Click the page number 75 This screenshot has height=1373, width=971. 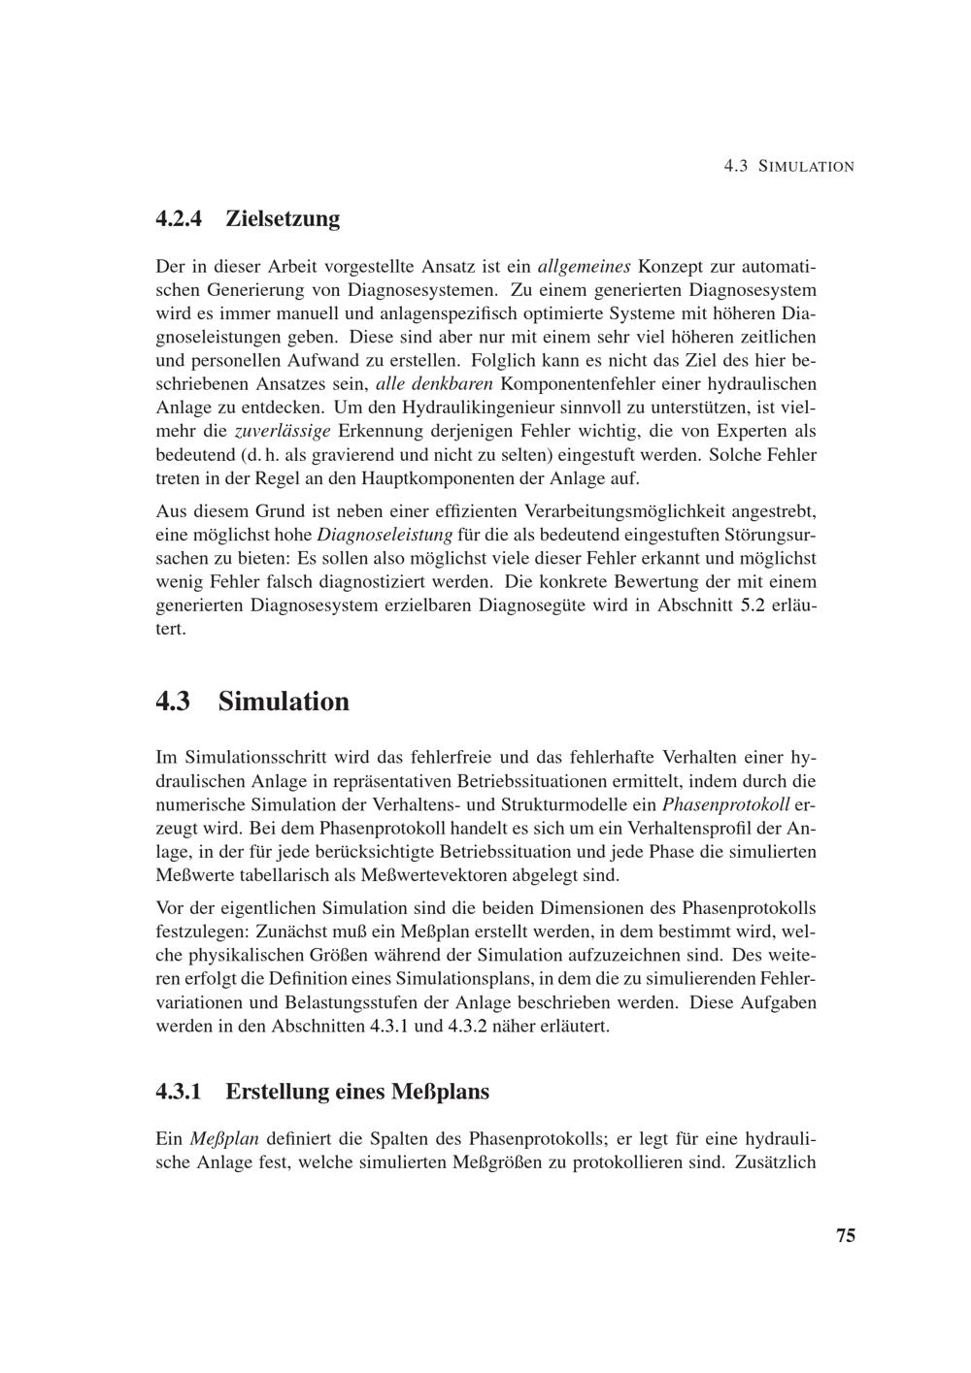[x=845, y=1235]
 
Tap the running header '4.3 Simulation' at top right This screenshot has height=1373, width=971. [x=788, y=166]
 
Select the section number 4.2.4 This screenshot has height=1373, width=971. [x=180, y=218]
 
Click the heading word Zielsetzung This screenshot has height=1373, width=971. [x=283, y=218]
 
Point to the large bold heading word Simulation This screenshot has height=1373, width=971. [x=284, y=701]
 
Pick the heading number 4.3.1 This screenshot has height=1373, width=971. [x=180, y=1092]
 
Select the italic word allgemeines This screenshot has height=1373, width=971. [x=585, y=266]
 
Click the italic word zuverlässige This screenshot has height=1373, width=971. [x=283, y=431]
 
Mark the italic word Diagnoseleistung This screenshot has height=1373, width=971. [x=385, y=535]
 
